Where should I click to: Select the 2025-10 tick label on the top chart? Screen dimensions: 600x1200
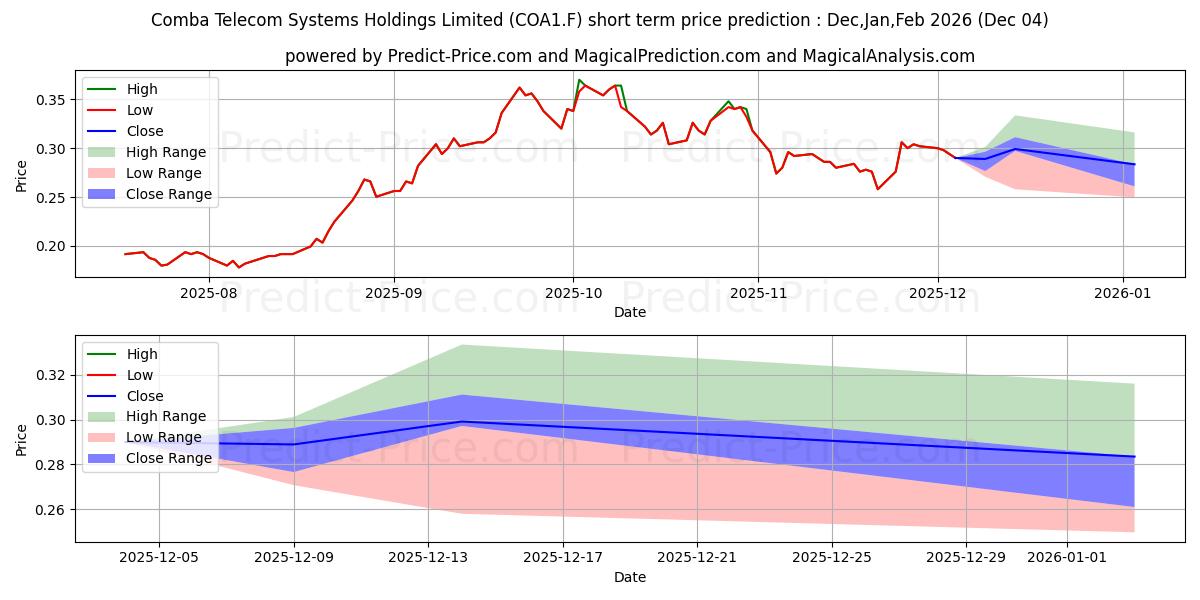click(573, 293)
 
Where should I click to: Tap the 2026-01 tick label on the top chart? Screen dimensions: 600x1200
click(1123, 293)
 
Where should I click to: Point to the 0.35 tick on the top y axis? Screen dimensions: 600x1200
click(50, 100)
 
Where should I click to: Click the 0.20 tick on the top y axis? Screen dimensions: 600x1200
click(50, 247)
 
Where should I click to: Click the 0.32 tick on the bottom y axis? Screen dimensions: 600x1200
click(50, 376)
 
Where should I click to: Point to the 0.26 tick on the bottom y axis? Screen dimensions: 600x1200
click(50, 510)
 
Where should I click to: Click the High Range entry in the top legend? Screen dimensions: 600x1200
click(166, 152)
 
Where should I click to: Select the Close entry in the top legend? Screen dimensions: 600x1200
click(145, 131)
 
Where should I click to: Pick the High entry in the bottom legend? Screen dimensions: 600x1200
click(142, 354)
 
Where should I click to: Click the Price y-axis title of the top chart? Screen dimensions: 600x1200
click(22, 176)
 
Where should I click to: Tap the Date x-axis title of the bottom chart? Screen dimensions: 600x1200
click(630, 577)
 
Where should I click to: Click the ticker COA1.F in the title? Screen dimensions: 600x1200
click(911, 20)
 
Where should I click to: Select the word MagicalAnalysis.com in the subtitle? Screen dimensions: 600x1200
click(889, 56)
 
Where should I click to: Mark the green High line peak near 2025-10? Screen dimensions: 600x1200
click(579, 80)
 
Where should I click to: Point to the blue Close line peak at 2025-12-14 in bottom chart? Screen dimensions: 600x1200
click(462, 421)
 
